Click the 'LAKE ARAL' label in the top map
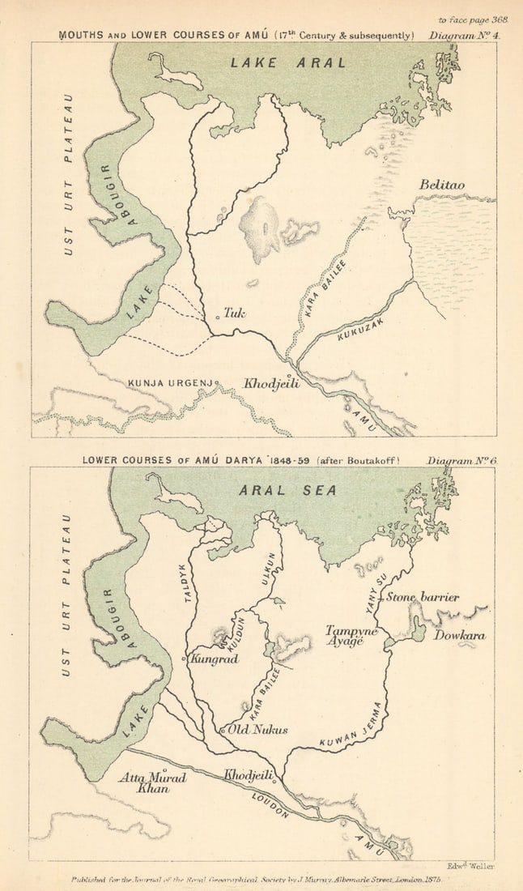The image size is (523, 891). point(287,62)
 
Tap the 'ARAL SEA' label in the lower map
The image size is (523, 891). point(287,490)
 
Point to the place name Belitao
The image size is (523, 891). point(441,185)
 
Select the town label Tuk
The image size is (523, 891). point(235,313)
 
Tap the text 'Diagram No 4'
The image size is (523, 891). point(465,35)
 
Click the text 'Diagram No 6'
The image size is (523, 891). point(461,460)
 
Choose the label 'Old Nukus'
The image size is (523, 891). point(257,730)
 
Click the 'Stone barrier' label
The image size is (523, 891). point(422,598)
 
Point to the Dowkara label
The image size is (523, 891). point(459,636)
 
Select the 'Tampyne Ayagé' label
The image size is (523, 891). point(349,635)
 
